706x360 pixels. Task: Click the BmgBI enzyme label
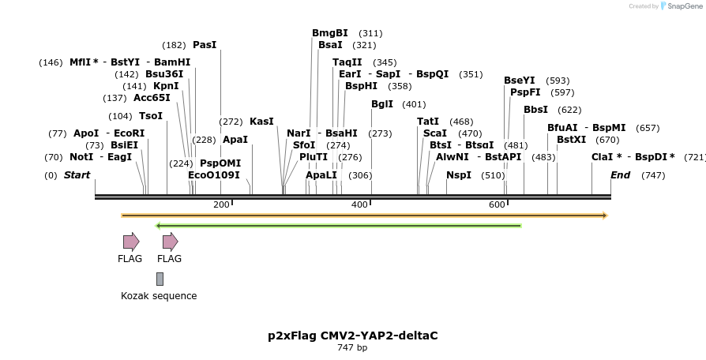tap(330, 33)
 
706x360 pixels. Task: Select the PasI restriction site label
tap(204, 45)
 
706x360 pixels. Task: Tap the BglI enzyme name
tap(382, 104)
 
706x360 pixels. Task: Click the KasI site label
tap(261, 122)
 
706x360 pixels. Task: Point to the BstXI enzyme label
tap(572, 140)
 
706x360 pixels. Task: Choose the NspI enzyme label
tap(459, 175)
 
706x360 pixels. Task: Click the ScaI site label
tap(435, 133)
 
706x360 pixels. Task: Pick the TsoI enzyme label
tap(151, 116)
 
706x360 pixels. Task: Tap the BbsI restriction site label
tap(535, 110)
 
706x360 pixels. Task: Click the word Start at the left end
tap(77, 175)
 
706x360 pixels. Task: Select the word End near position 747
tap(621, 175)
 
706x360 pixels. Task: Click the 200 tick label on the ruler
tap(221, 205)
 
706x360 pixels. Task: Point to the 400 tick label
tap(359, 205)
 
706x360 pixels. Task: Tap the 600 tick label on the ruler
tap(497, 205)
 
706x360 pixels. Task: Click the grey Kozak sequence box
tap(160, 279)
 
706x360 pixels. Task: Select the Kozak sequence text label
tap(159, 296)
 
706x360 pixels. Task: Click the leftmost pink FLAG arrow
tap(130, 242)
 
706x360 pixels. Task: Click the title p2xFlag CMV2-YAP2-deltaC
tap(352, 336)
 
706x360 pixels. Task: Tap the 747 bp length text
tap(352, 347)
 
